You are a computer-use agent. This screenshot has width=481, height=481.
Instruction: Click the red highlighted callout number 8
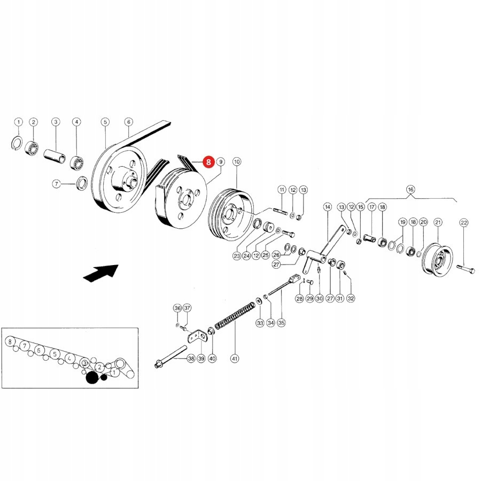(207, 160)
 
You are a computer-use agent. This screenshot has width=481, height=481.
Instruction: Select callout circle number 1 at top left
(18, 122)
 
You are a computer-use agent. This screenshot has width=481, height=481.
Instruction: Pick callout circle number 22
(463, 222)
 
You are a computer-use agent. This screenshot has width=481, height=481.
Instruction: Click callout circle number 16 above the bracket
(410, 189)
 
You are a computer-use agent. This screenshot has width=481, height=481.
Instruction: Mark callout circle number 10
(237, 161)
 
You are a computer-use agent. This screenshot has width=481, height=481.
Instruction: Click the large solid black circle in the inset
(92, 378)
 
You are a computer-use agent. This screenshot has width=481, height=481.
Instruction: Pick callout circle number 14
(328, 206)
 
